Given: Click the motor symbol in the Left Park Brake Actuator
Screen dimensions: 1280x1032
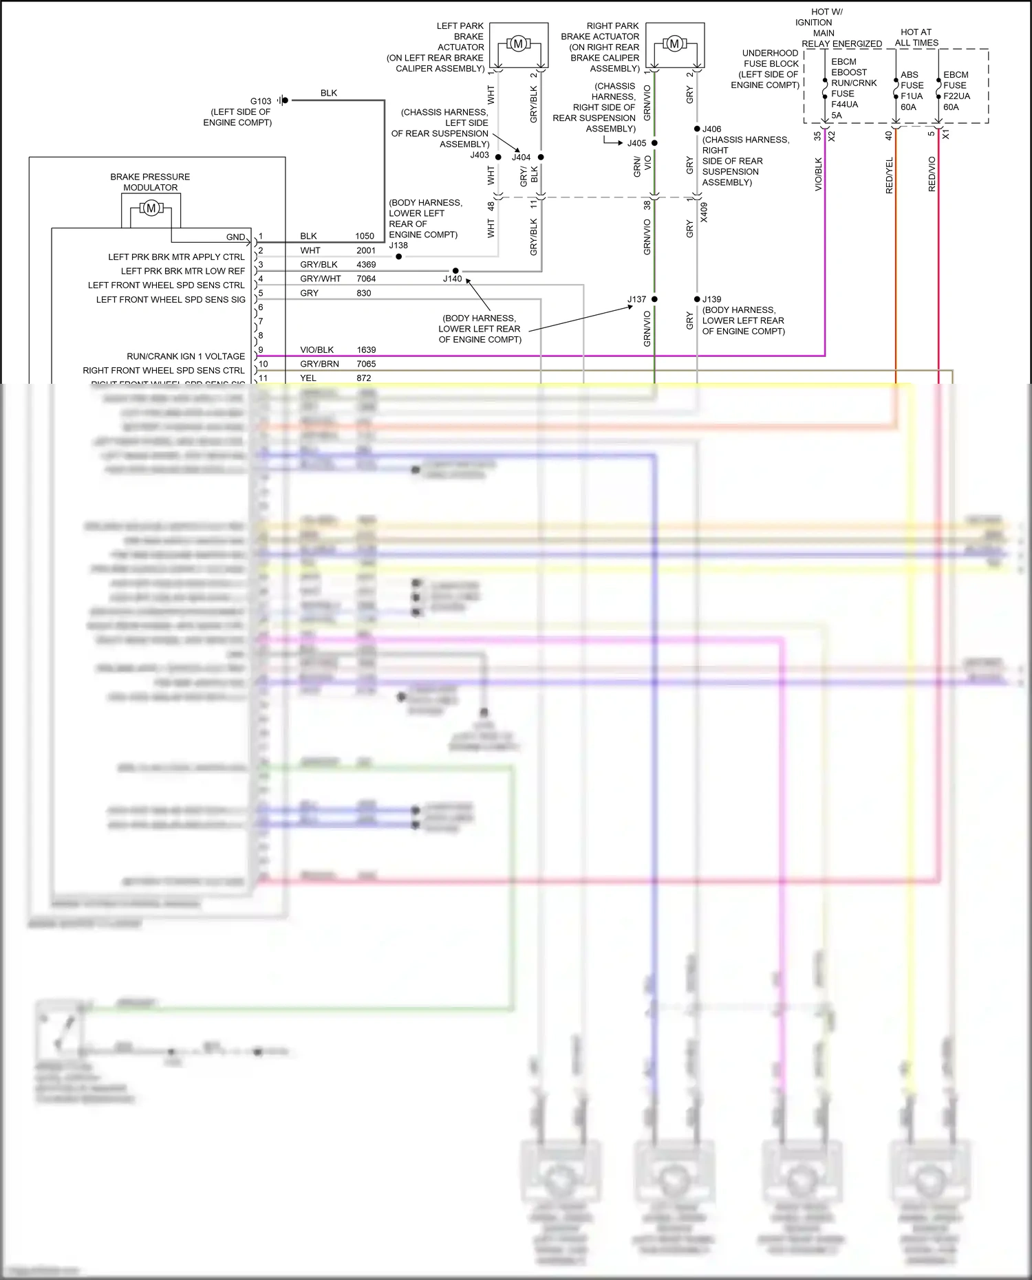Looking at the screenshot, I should (518, 44).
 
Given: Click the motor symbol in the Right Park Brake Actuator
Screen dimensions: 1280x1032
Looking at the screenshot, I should (674, 44).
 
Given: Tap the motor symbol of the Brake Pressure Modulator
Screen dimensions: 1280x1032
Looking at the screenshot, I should (151, 208).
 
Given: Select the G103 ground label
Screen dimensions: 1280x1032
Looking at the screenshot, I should (261, 101).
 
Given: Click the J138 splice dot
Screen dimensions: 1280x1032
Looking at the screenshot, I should (399, 257).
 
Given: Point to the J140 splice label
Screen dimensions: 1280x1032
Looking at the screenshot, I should (452, 279).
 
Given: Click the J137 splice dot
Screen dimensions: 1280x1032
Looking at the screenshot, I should (654, 299).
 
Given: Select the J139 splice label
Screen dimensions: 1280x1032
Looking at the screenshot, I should (712, 299).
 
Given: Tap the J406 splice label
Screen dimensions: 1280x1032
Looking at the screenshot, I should (712, 129).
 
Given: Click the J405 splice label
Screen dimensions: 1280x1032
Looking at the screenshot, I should (636, 143).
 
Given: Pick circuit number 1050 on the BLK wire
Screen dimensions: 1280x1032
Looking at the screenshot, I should (365, 236).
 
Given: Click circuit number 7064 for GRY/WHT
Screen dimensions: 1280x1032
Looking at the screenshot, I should (366, 279).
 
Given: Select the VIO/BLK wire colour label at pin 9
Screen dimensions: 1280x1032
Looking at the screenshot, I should (316, 349).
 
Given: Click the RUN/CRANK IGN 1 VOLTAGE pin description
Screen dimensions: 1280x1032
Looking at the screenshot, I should (186, 356).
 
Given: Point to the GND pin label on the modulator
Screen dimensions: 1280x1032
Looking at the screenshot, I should (235, 237).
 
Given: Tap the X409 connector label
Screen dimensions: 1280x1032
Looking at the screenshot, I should (704, 213).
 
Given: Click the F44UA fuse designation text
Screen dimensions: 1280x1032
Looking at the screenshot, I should (844, 105).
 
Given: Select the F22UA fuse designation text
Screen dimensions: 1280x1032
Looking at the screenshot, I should (956, 96).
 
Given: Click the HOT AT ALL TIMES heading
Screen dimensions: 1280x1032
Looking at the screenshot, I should (916, 37).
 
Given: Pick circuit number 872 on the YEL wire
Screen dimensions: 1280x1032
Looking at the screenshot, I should (364, 378).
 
